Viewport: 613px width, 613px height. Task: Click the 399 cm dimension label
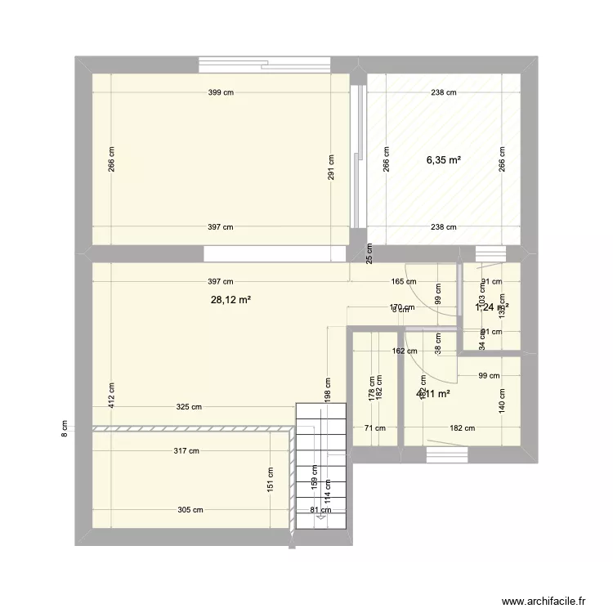[220, 92]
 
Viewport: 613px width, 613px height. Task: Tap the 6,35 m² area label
[443, 160]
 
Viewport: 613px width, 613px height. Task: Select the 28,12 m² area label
[230, 300]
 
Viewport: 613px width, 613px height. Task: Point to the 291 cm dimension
[331, 169]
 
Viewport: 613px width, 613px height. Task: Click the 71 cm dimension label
[375, 427]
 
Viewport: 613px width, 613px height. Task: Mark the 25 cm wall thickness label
[369, 254]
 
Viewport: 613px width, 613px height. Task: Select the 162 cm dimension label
[393, 352]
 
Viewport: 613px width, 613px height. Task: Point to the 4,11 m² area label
[433, 393]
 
